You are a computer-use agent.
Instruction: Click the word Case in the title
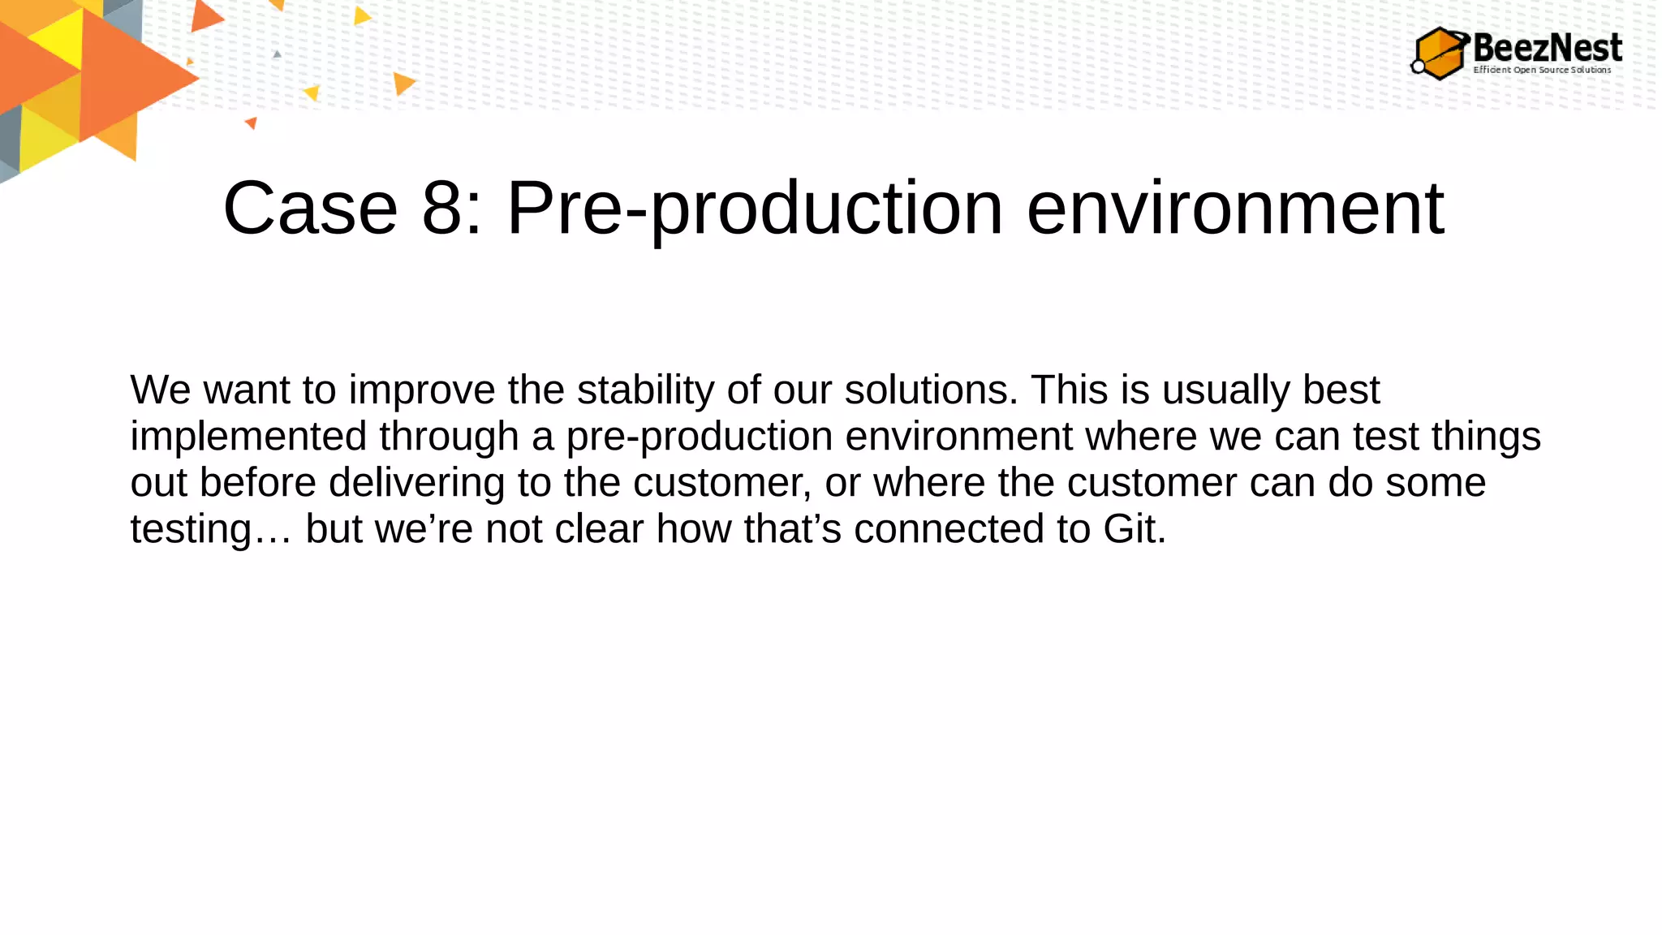(x=310, y=209)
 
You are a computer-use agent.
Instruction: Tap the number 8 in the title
(x=442, y=209)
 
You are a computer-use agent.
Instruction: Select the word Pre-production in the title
(x=755, y=209)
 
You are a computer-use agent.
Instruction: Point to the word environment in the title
(x=1235, y=209)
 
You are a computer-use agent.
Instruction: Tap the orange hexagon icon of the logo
(x=1440, y=54)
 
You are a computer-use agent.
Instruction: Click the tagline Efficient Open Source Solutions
(x=1542, y=70)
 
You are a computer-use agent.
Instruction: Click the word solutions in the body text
(x=931, y=390)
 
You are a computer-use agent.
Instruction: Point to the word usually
(x=1225, y=390)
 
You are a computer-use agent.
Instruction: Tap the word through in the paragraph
(x=449, y=437)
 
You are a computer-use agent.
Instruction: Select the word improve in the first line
(x=421, y=390)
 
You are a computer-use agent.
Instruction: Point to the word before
(x=257, y=483)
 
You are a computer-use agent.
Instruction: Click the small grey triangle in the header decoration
(x=278, y=54)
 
